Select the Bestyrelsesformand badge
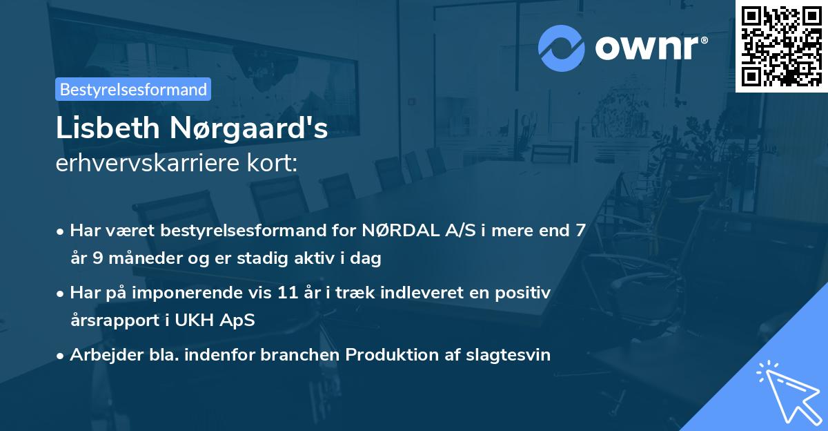133,89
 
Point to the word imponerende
199,293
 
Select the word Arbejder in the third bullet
99,355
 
